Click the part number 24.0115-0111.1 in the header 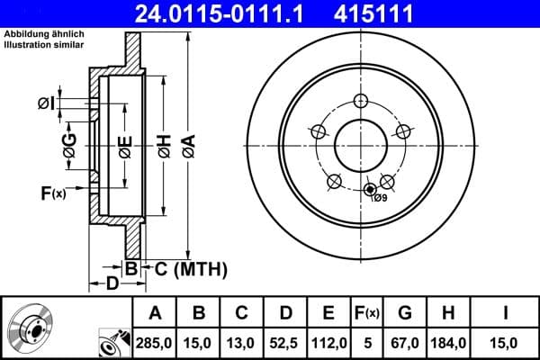(230, 13)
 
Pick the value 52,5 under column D (285, 343)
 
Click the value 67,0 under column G (406, 343)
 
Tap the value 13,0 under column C (242, 343)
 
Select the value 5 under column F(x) (366, 343)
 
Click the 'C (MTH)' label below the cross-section (190, 269)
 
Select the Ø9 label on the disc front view (380, 198)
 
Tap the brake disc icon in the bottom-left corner (28, 328)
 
